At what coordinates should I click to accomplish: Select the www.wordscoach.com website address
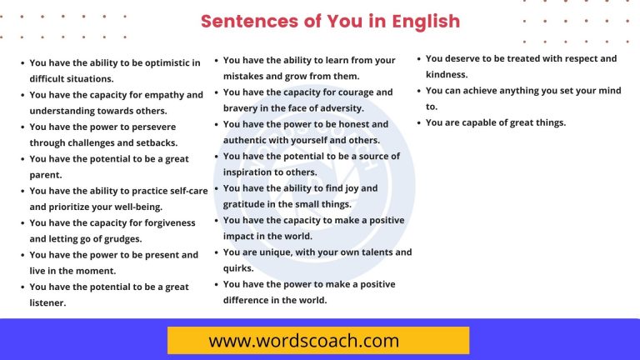pos(304,341)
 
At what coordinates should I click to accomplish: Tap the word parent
pos(47,175)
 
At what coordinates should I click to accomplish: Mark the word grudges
pos(122,238)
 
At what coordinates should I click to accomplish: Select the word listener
pos(47,302)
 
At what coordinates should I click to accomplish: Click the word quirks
pos(239,268)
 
